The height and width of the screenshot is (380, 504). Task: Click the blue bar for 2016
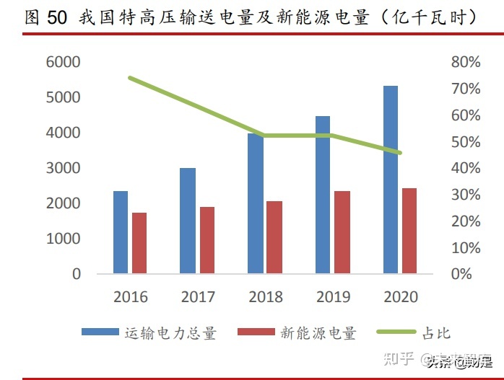point(121,232)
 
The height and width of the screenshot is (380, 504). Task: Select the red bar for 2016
point(139,243)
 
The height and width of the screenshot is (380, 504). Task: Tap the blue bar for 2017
point(188,221)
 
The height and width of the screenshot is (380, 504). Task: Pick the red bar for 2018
point(274,237)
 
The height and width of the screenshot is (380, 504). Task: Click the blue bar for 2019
point(323,195)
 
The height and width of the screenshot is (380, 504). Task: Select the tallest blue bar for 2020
point(391,180)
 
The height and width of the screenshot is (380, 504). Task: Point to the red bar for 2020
point(409,231)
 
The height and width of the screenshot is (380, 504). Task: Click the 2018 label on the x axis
point(265,297)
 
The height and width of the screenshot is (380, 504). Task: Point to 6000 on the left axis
point(62,62)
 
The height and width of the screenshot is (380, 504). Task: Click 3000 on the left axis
point(62,168)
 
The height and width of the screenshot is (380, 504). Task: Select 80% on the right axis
point(466,62)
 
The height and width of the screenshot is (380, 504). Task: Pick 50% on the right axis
point(466,142)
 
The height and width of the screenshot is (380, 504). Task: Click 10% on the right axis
point(466,248)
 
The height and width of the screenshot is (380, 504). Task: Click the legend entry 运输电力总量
point(170,332)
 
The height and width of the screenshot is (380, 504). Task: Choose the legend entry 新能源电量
point(318,332)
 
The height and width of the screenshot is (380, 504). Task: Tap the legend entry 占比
point(436,332)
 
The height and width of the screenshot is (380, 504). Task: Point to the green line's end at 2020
point(399,153)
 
